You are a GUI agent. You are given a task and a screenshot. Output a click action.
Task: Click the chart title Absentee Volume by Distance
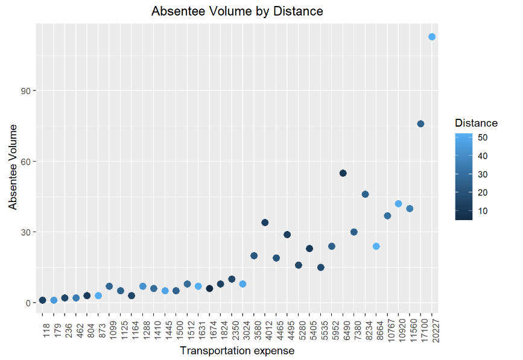tap(237, 11)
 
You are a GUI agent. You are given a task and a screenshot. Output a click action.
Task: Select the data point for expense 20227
tap(432, 37)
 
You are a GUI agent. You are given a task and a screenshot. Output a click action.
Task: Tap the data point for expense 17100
tap(420, 124)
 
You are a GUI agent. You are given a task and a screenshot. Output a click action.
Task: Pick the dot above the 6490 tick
tap(343, 173)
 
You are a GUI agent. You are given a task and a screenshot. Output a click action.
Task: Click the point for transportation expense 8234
tap(365, 194)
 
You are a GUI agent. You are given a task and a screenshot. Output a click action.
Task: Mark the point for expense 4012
tap(265, 223)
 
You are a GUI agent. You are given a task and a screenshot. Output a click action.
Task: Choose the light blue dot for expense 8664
tap(376, 246)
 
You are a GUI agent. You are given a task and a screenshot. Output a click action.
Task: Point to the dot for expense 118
tap(42, 300)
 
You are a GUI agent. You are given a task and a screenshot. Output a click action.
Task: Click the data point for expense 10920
tap(398, 204)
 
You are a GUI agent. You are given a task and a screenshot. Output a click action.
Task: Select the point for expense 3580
tap(254, 256)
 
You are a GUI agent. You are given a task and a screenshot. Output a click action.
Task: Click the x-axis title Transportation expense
tap(237, 351)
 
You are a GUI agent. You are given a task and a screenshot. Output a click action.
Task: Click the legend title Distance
tap(476, 123)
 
